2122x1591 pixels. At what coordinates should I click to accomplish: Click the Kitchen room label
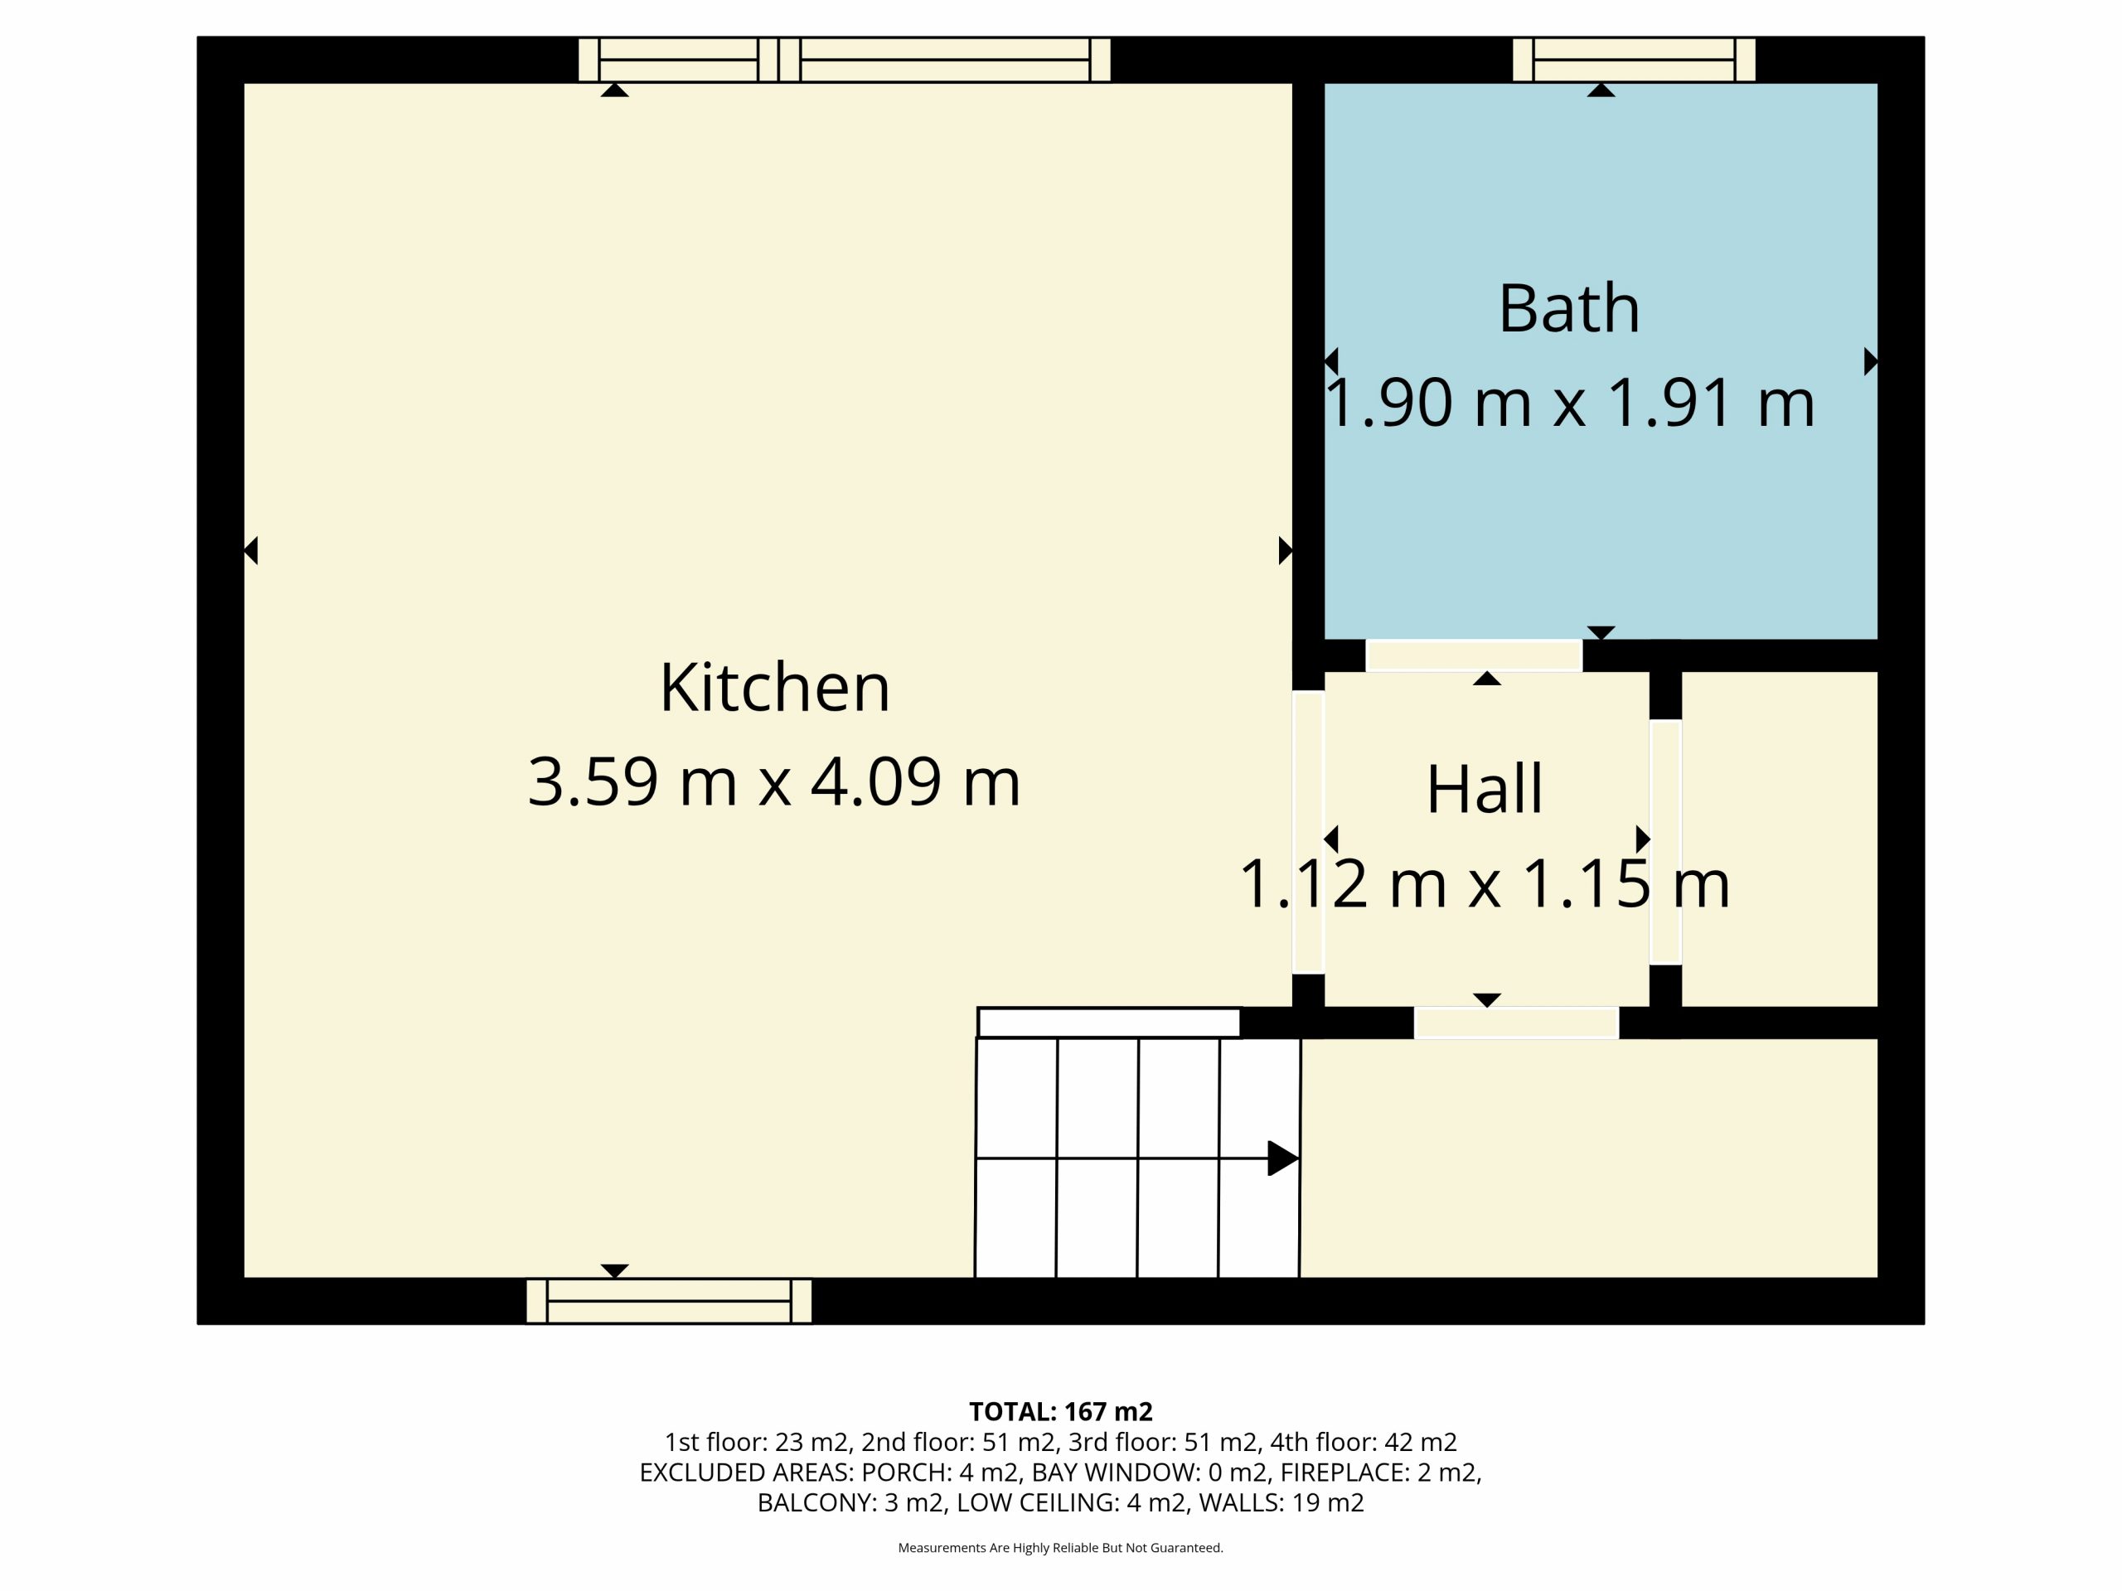coord(775,688)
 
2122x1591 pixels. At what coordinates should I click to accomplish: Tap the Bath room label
coord(1569,309)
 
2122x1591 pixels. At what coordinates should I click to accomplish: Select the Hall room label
coord(1485,791)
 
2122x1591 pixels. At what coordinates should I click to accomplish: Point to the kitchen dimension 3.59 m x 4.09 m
coord(774,781)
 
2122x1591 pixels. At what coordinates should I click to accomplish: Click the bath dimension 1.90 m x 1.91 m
coord(1569,403)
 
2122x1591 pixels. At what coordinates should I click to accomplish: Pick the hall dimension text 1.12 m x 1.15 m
coord(1485,884)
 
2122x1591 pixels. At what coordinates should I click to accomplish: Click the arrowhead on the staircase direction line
coord(1283,1158)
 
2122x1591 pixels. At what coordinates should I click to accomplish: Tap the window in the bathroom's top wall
coord(1635,60)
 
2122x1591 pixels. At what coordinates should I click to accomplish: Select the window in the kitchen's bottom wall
coord(670,1301)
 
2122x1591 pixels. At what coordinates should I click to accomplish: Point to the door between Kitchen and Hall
coord(1309,831)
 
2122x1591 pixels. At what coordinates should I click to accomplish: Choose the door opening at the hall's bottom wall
coord(1517,1023)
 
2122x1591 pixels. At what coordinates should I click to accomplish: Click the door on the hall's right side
coord(1665,842)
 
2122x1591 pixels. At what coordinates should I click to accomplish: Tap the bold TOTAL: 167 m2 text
coord(1061,1412)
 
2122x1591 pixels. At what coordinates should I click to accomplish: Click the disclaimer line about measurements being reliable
coord(1061,1548)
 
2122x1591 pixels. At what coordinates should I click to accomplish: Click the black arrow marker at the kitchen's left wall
coord(251,550)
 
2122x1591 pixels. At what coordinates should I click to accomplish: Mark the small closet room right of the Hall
coord(1780,839)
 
